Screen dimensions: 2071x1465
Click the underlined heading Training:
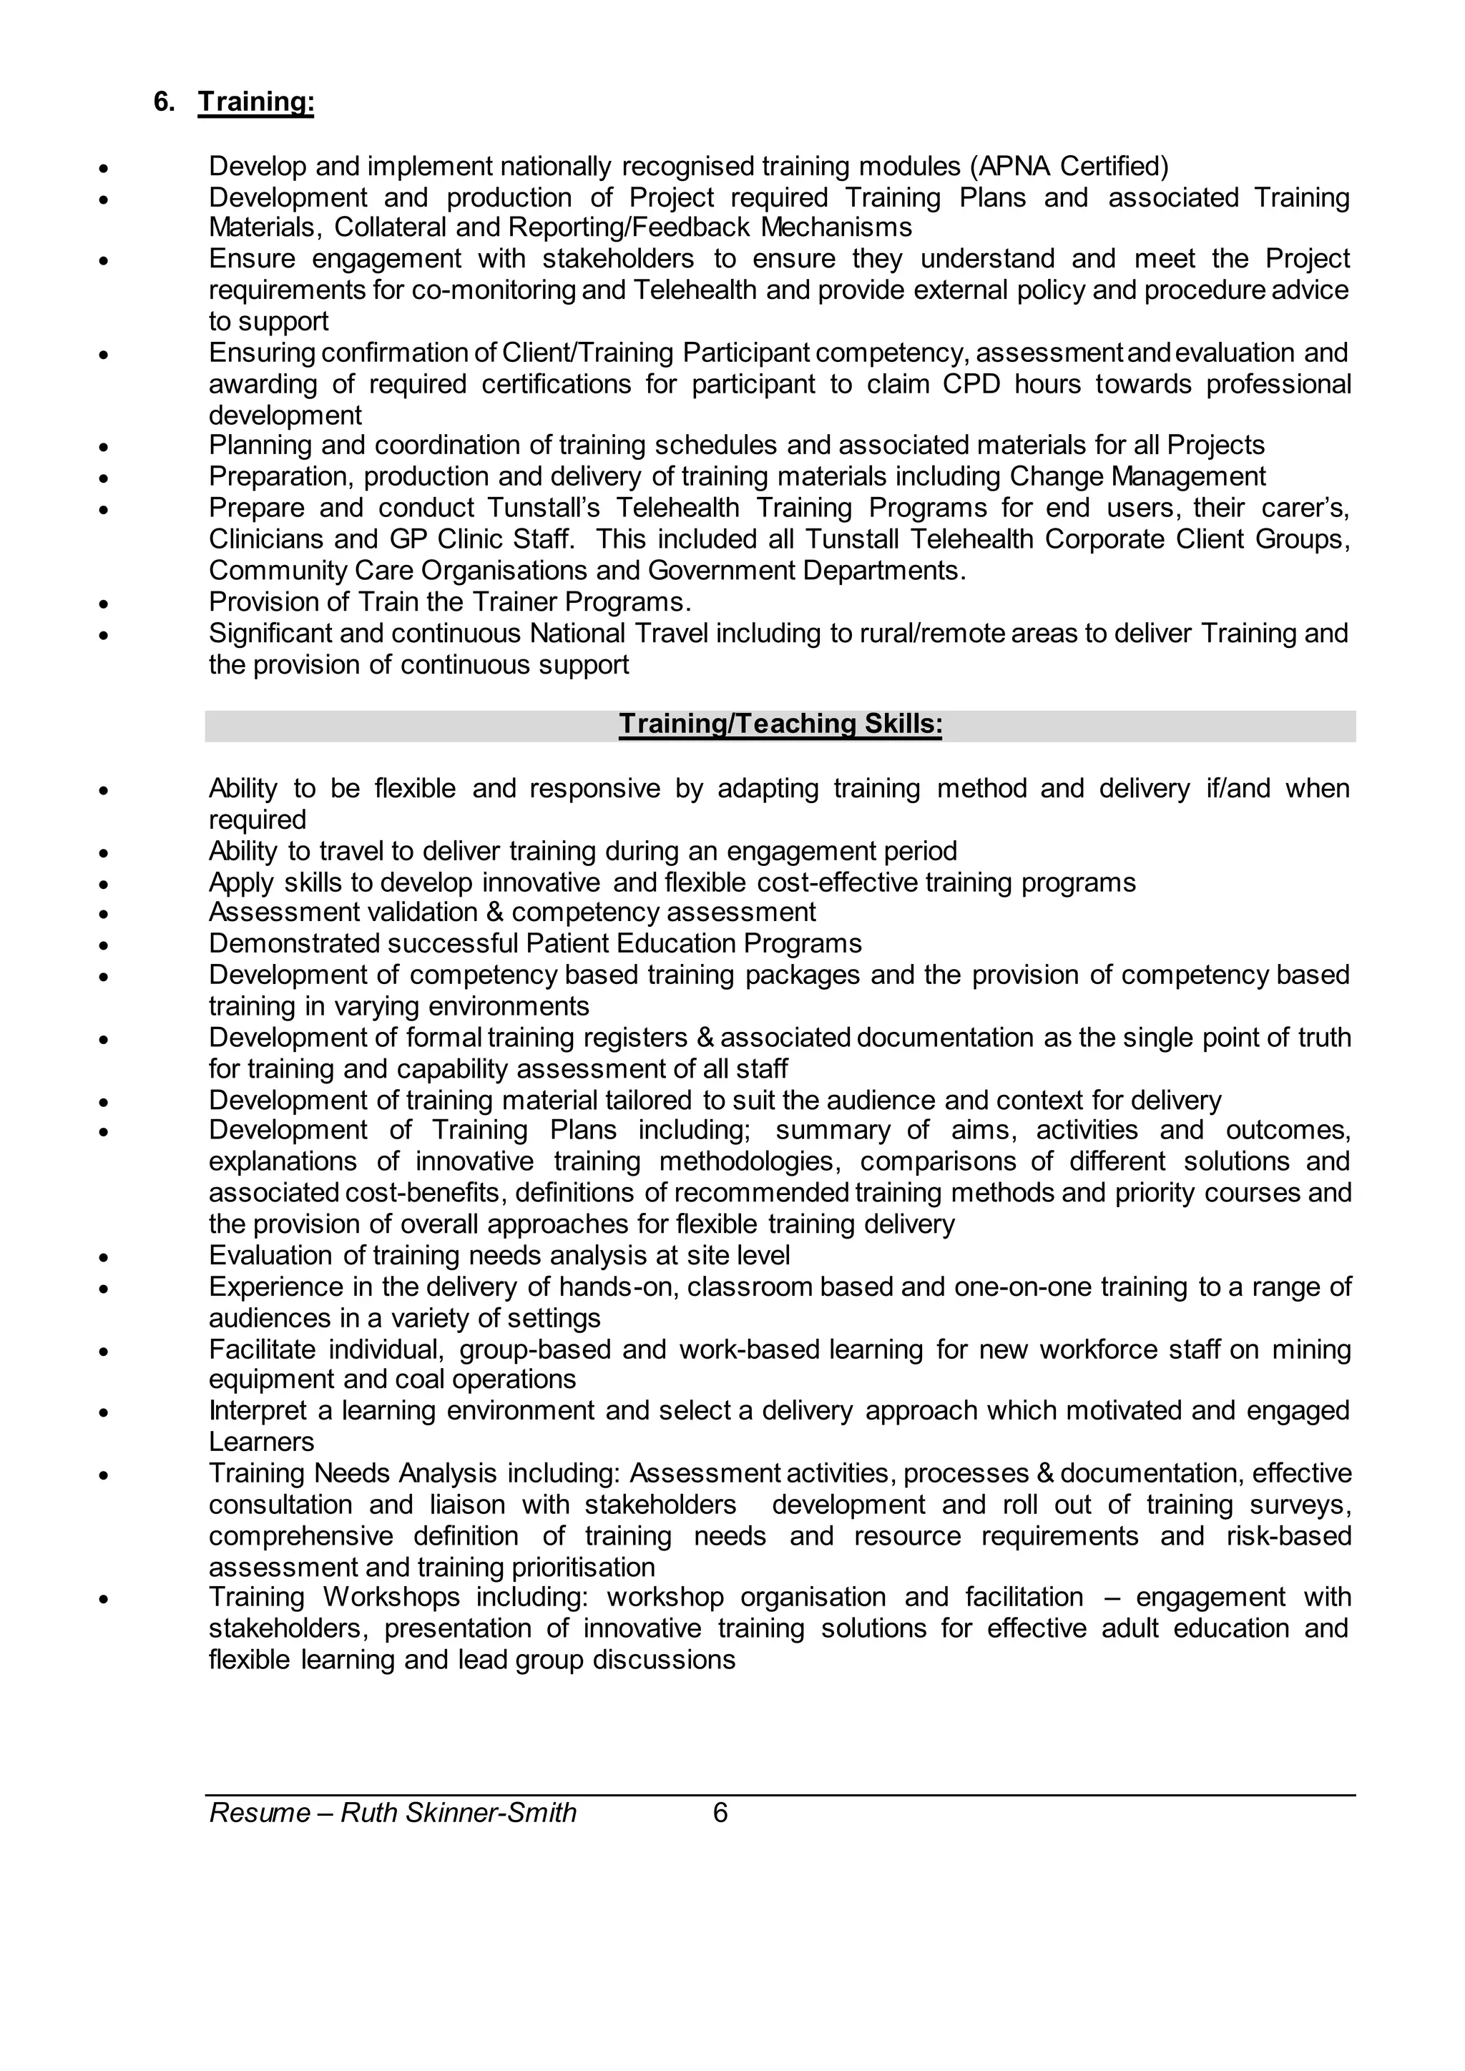coord(256,102)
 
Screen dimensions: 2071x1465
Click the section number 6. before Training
coord(165,102)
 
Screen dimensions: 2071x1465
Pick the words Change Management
coord(1137,476)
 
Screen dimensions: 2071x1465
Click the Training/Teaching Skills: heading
coord(780,724)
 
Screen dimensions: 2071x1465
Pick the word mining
coord(1312,1349)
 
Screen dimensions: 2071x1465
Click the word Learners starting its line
coord(262,1442)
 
